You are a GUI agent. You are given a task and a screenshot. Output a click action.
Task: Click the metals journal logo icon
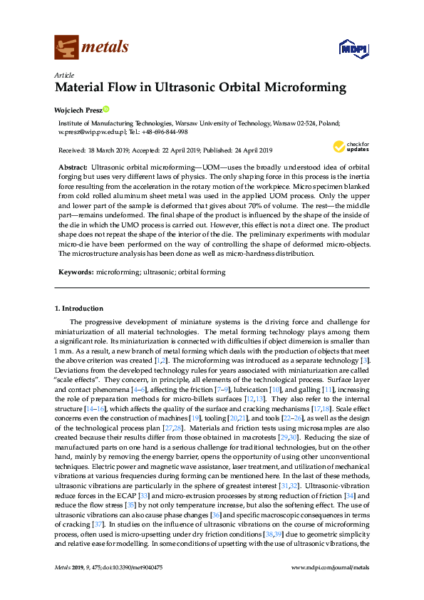[x=66, y=47]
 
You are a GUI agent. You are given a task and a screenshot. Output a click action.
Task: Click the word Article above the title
[x=64, y=75]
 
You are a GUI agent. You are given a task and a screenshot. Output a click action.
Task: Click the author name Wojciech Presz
[x=78, y=110]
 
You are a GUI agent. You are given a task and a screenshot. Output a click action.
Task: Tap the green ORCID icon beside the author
[x=107, y=110]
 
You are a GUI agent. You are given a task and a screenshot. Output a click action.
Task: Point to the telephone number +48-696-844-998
[x=163, y=132]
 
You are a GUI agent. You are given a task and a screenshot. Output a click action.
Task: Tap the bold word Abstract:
[x=73, y=165]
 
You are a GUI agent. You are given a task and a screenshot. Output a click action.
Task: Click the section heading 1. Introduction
[x=79, y=309]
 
